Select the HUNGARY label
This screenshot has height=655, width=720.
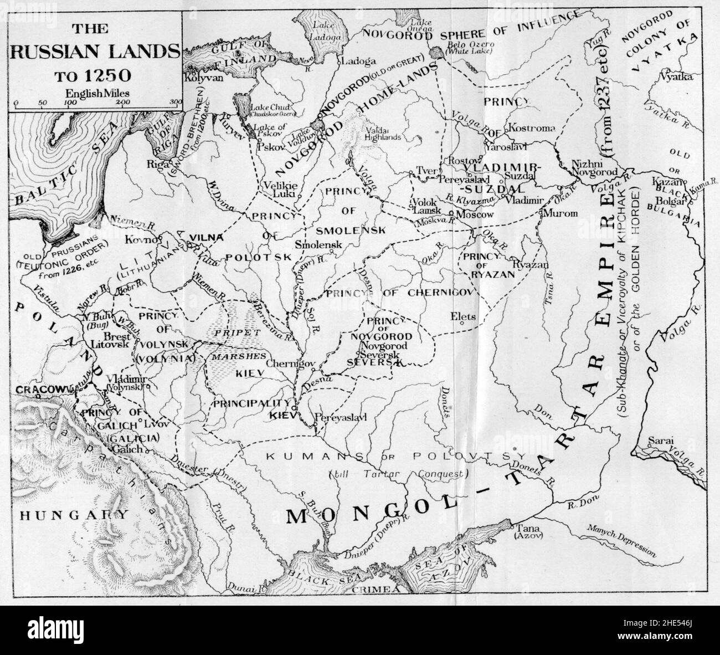coord(72,515)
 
